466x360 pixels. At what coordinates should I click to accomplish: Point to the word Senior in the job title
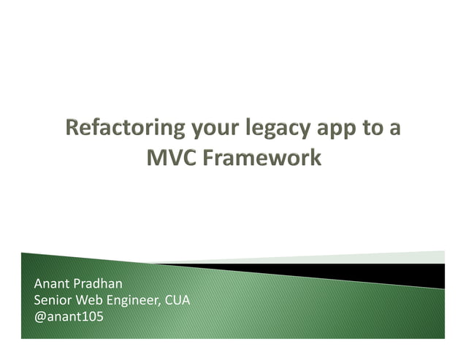53,299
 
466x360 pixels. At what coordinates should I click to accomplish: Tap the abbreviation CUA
177,299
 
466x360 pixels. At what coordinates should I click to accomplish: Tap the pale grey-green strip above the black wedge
409,257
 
